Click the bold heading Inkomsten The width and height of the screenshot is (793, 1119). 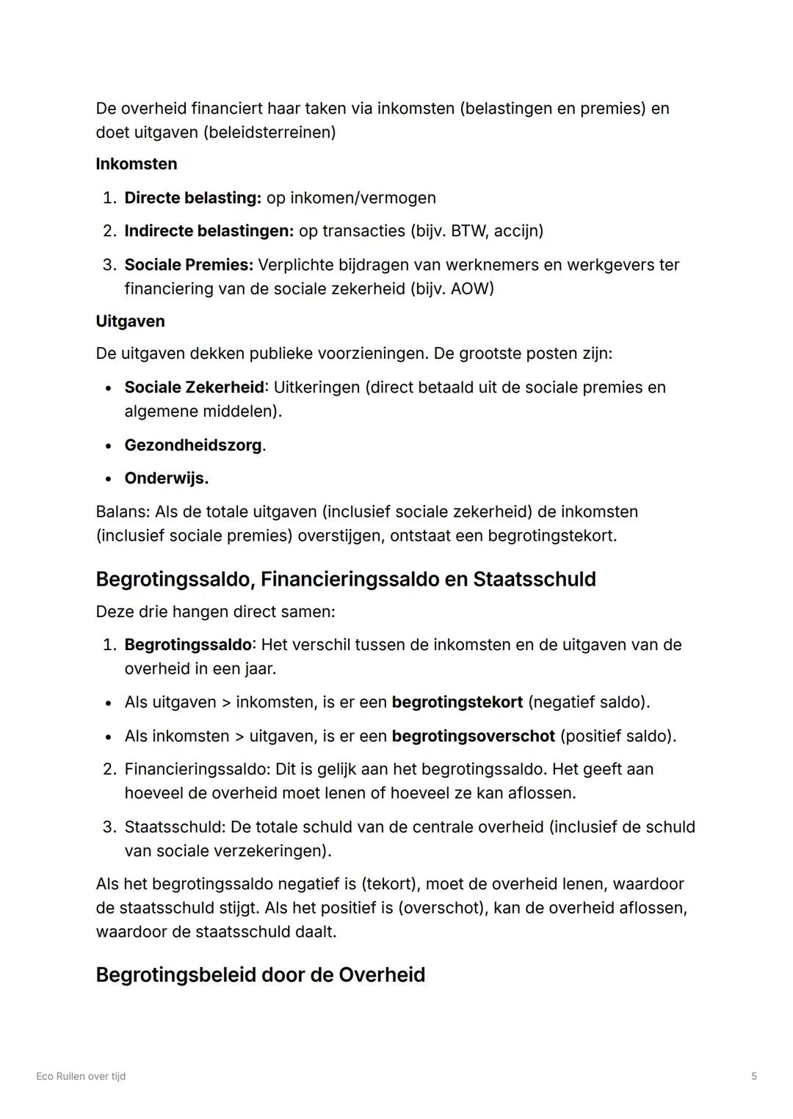[x=136, y=164]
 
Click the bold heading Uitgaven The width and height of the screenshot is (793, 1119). [x=130, y=321]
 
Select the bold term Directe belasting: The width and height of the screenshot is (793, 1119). [x=192, y=198]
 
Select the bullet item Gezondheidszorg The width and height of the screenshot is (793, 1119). [x=194, y=445]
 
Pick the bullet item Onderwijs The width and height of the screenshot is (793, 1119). [x=166, y=478]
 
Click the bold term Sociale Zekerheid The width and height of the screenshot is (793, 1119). [x=194, y=387]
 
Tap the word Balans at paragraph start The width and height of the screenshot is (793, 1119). [x=122, y=511]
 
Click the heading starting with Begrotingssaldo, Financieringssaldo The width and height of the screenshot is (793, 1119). [x=345, y=579]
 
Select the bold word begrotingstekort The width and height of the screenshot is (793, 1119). [x=457, y=702]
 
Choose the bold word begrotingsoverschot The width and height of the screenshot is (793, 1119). [x=473, y=736]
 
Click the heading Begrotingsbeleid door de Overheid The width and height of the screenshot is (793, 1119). [x=260, y=974]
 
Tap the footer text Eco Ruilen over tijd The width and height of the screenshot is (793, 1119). [x=81, y=1076]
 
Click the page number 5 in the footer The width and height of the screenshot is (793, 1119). [x=754, y=1076]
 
